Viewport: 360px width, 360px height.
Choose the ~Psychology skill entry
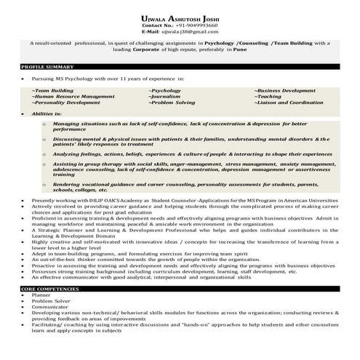[165, 90]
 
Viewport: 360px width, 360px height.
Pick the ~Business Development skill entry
[284, 90]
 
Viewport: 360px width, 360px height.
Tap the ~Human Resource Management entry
[73, 96]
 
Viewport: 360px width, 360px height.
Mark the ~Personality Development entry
[65, 103]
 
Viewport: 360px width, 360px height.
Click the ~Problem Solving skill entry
[171, 103]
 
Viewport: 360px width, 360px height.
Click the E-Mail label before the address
[151, 32]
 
